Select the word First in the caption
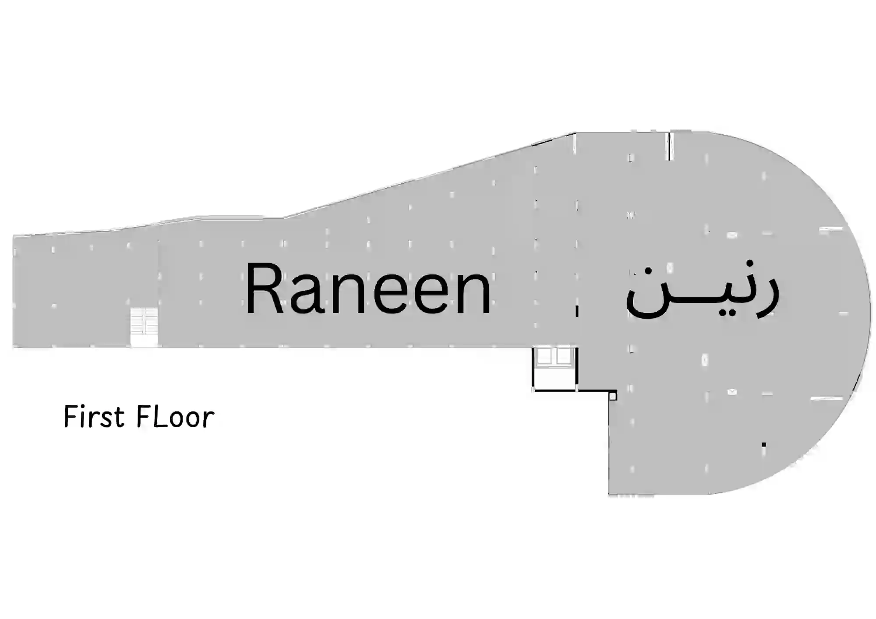[x=94, y=416]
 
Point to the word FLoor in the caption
[x=175, y=416]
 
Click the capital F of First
[x=70, y=416]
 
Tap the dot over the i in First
[x=83, y=407]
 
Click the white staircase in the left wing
[x=144, y=327]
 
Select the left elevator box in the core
[x=544, y=356]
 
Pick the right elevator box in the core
[x=564, y=356]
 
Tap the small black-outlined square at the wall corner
[x=613, y=396]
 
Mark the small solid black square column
[x=764, y=445]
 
